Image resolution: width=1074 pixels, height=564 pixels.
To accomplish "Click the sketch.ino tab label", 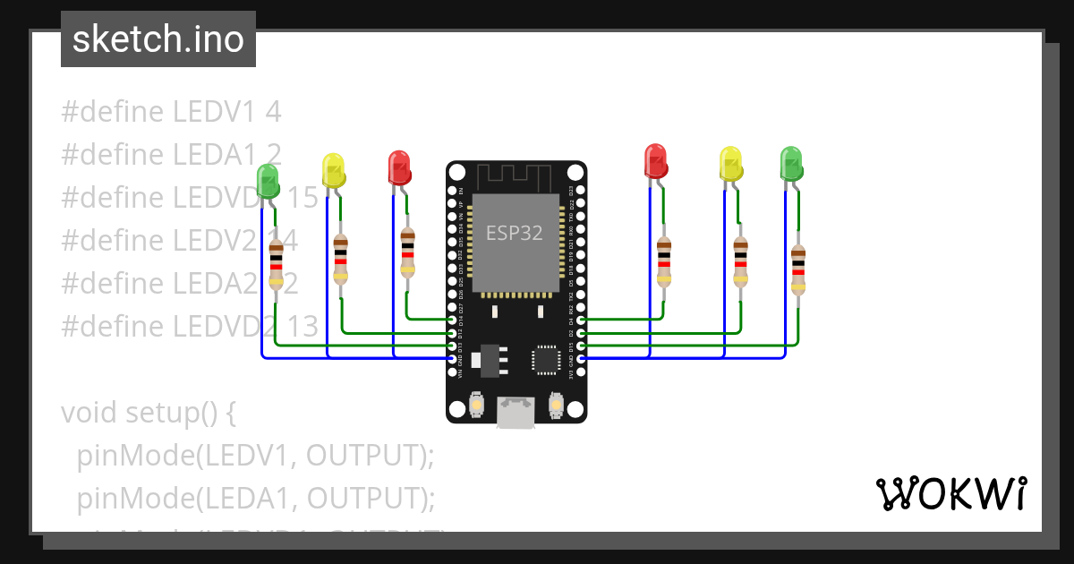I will point(158,39).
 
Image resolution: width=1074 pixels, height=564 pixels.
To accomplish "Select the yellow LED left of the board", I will point(333,170).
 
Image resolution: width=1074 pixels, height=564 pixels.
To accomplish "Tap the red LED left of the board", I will point(398,167).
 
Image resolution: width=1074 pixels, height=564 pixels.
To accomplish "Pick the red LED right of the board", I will point(656,160).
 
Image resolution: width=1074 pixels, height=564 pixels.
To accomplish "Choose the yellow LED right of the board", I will point(731,164).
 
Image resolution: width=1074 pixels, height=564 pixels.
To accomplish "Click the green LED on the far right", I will point(791,164).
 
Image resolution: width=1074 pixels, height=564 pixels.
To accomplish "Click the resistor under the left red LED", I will point(408,252).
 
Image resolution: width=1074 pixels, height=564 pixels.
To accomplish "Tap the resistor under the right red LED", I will point(663,261).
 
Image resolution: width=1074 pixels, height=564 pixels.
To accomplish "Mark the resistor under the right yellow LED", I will point(740,261).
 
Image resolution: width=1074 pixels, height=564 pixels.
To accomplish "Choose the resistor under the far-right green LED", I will point(798,269).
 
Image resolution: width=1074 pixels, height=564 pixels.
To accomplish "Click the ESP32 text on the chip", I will point(515,234).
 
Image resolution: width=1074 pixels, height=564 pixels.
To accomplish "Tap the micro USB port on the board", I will point(516,413).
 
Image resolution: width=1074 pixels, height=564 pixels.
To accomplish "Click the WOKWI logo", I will point(950,494).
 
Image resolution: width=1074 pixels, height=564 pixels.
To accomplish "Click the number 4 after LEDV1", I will point(273,112).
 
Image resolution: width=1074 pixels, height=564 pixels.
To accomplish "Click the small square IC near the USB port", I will point(545,360).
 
